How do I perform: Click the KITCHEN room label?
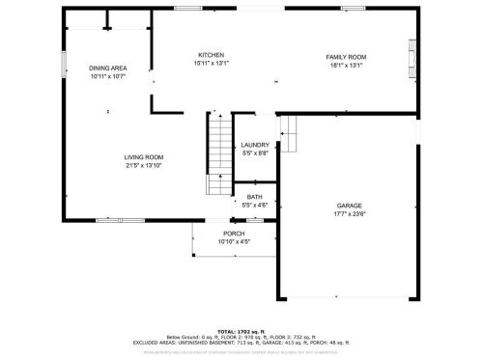point(212,55)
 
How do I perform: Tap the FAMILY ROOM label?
point(345,57)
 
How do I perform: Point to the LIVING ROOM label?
point(143,156)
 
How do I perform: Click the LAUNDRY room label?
point(255,145)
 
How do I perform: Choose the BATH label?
point(254,196)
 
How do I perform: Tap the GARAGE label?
point(350,207)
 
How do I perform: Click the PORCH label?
point(234,234)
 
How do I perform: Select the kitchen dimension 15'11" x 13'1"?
point(212,65)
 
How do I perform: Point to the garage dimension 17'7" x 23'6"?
point(350,215)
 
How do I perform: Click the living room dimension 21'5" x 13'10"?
point(143,165)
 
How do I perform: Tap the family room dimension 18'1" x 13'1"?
point(345,66)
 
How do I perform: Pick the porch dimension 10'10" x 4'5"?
point(234,241)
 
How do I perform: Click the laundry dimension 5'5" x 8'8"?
point(255,153)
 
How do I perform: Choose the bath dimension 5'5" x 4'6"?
point(254,204)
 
